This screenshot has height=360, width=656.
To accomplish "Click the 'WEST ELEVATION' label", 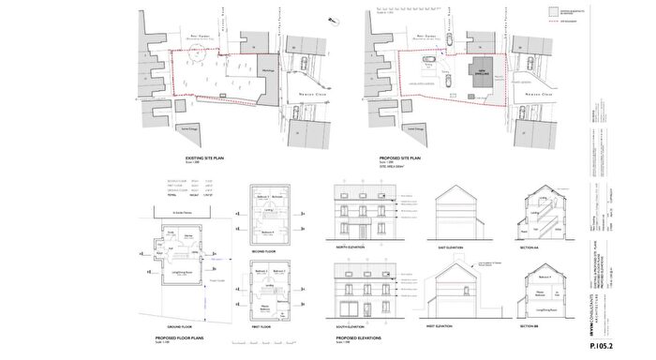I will click(x=453, y=325).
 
